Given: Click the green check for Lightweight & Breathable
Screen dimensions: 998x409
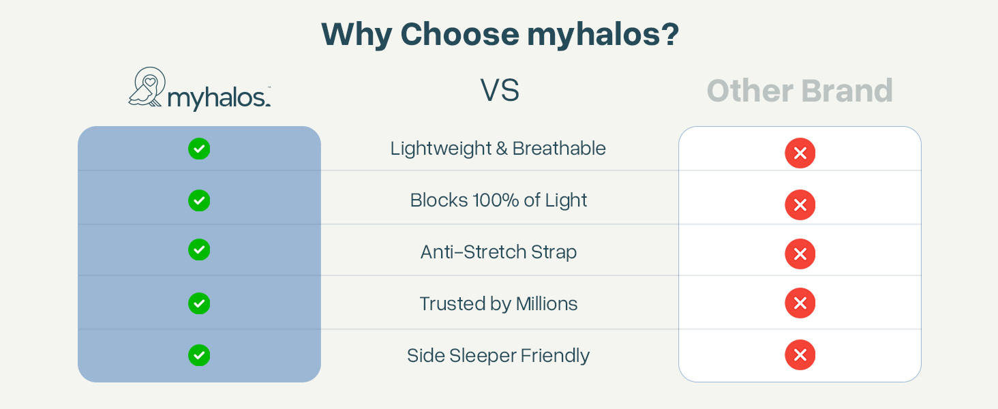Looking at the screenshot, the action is tap(199, 149).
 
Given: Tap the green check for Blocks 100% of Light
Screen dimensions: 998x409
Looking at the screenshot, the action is tap(199, 200).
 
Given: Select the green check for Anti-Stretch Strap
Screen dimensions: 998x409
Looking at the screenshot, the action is tap(199, 249).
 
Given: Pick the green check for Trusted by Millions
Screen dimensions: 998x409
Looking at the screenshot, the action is tap(199, 303).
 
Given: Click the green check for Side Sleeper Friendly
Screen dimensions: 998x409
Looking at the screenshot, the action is tap(199, 355).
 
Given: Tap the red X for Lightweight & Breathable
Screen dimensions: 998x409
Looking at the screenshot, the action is tap(800, 153).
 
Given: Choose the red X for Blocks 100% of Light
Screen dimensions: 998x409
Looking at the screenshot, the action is tap(800, 205).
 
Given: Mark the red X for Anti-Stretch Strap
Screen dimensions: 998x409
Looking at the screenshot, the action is tap(800, 254).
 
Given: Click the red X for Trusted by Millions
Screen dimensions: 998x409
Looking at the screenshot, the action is tap(800, 303).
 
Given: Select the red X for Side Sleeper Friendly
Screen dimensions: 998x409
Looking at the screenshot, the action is tap(800, 354).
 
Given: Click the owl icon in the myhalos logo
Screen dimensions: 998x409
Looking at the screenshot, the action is tap(147, 87).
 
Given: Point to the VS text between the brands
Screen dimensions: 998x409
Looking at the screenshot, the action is tap(500, 90).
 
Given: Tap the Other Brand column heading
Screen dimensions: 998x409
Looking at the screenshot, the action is tap(800, 91).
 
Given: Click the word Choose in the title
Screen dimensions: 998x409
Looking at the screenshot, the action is tap(459, 34).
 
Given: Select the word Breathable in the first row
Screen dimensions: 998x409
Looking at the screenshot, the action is tap(559, 149).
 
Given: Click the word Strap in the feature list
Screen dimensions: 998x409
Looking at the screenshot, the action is tap(554, 252).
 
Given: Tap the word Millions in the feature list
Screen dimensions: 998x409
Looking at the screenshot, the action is tap(547, 304).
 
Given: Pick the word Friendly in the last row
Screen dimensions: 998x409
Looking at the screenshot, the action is tap(555, 356).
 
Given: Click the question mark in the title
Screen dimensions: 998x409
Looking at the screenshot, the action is tap(669, 34).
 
